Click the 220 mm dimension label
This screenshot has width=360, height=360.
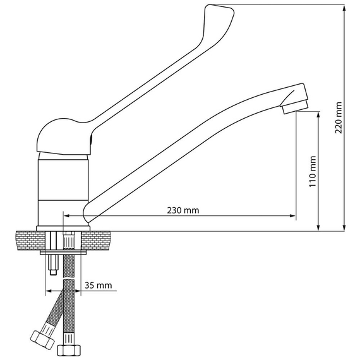click(339, 117)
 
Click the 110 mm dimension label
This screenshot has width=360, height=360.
click(313, 172)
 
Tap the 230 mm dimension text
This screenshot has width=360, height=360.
click(183, 210)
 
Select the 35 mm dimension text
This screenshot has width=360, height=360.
click(99, 285)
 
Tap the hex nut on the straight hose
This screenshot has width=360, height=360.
click(69, 350)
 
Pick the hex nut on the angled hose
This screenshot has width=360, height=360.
click(42, 340)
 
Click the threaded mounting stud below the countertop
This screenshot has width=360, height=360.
click(53, 265)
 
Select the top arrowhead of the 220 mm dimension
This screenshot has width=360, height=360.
click(344, 9)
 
